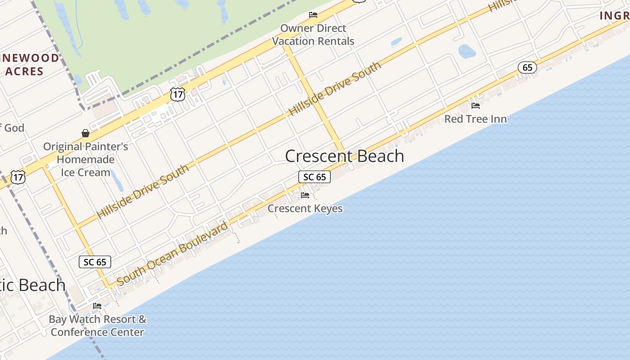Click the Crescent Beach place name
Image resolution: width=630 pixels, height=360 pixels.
pyautogui.click(x=345, y=156)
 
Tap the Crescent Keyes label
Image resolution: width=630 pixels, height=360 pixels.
pyautogui.click(x=305, y=208)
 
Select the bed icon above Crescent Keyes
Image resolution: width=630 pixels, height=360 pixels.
pyautogui.click(x=305, y=195)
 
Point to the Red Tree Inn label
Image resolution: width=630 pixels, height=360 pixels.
pyautogui.click(x=475, y=119)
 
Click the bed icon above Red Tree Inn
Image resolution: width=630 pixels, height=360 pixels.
pyautogui.click(x=475, y=106)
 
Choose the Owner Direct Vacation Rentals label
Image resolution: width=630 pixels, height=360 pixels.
pyautogui.click(x=313, y=35)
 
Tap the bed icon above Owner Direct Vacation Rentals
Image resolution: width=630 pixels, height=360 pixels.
pyautogui.click(x=313, y=15)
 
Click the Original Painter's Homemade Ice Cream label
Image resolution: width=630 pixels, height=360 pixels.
pyautogui.click(x=85, y=159)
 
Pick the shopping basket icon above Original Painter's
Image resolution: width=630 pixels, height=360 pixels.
pyautogui.click(x=85, y=133)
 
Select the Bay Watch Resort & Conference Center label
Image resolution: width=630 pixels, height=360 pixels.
pyautogui.click(x=97, y=326)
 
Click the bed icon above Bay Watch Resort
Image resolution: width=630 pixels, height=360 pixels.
pyautogui.click(x=97, y=306)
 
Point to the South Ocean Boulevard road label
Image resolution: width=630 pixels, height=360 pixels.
pyautogui.click(x=172, y=254)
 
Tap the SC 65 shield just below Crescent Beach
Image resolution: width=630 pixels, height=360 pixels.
pyautogui.click(x=315, y=177)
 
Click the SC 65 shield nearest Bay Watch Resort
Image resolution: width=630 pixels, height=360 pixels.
pyautogui.click(x=95, y=262)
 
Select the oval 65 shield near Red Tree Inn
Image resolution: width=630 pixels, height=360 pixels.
pyautogui.click(x=527, y=68)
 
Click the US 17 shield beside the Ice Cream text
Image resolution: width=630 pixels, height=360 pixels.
pyautogui.click(x=18, y=177)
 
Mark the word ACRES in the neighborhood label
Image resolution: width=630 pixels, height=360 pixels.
pyautogui.click(x=25, y=71)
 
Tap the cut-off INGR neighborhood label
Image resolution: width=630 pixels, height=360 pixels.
pyautogui.click(x=614, y=16)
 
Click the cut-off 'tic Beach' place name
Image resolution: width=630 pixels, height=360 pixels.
pyautogui.click(x=32, y=285)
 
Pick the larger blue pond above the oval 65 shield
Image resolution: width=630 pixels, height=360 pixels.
pyautogui.click(x=467, y=51)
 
